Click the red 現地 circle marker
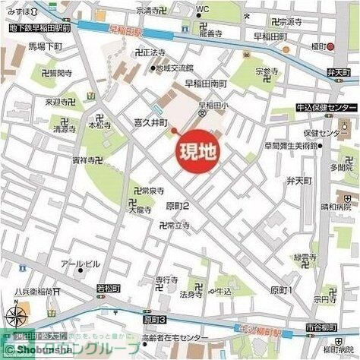click(x=196, y=150)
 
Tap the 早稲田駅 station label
click(x=126, y=31)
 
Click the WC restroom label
click(x=202, y=9)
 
